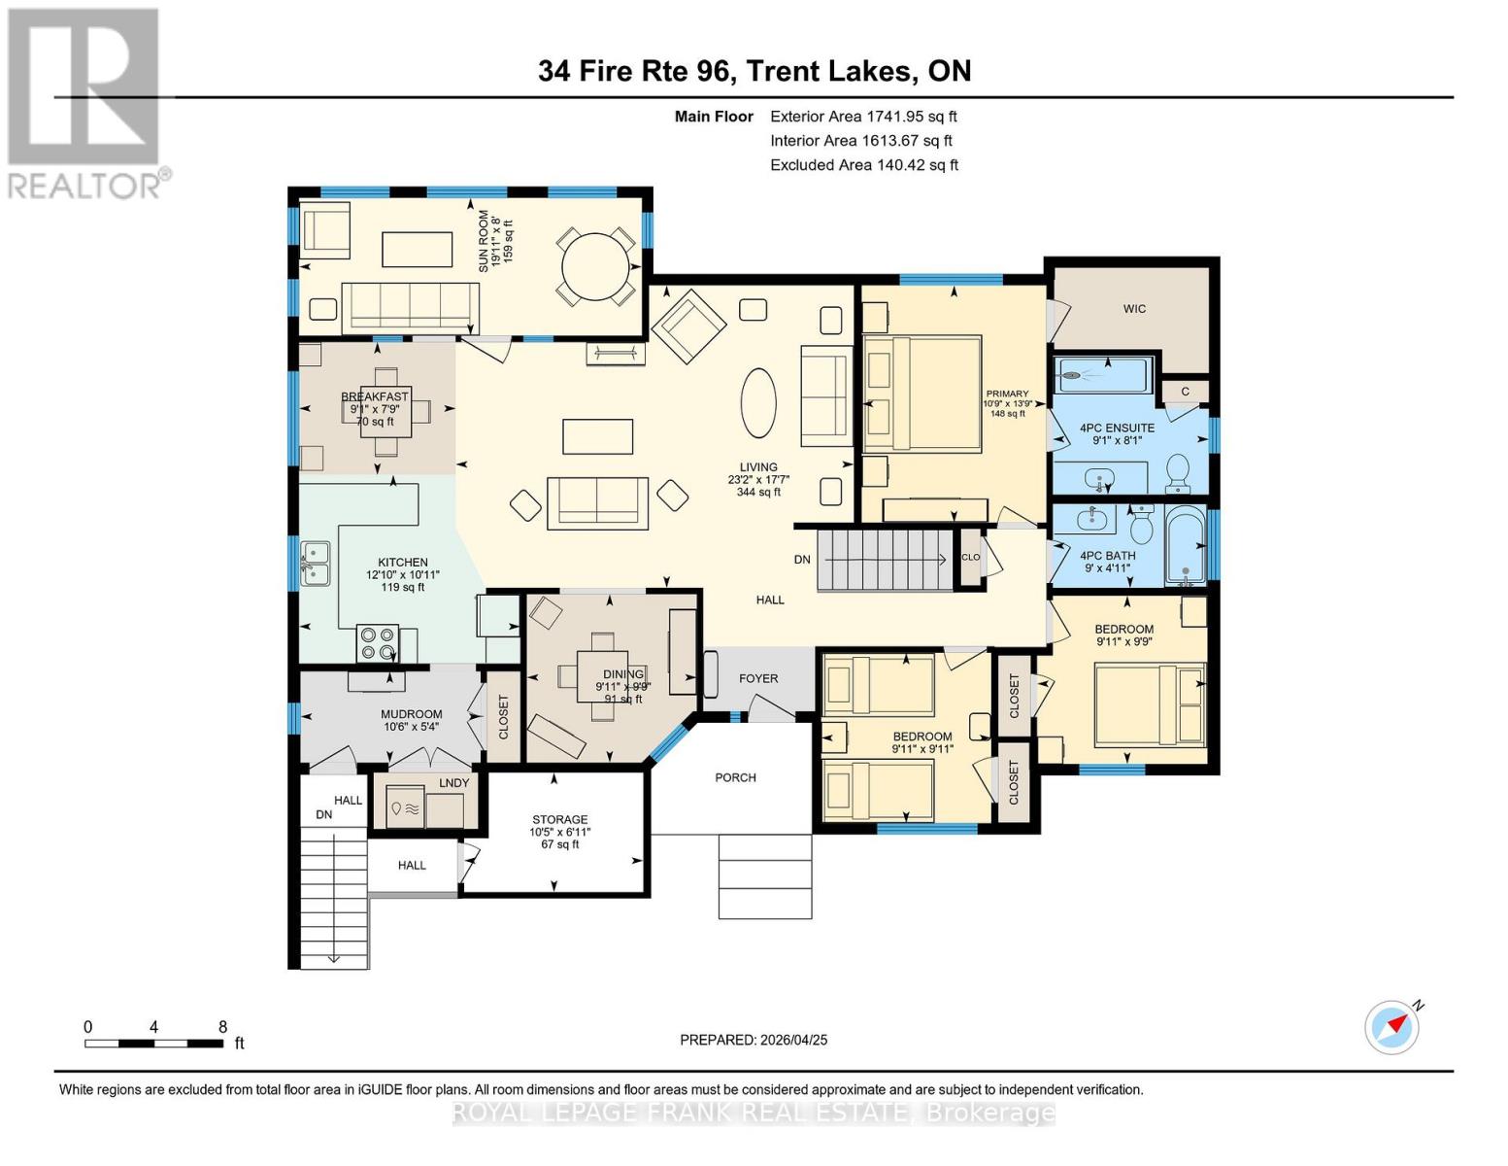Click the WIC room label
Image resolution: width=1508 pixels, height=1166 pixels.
pos(1134,309)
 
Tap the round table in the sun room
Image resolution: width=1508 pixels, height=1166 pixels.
pos(594,266)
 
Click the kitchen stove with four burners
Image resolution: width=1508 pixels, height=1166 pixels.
pos(378,643)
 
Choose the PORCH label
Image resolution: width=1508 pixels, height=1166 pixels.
pos(735,777)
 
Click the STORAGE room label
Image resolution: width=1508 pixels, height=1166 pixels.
pos(559,819)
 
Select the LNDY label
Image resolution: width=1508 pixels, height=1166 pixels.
pos(453,782)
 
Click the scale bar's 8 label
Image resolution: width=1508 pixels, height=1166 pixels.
pos(222,1027)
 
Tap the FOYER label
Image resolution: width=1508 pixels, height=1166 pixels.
pos(757,678)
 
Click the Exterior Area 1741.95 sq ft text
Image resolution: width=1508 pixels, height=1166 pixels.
pos(863,117)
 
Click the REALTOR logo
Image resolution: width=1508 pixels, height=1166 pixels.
pos(86,104)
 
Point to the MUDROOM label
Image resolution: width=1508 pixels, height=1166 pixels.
pos(411,714)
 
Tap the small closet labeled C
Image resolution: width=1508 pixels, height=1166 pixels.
pos(1186,392)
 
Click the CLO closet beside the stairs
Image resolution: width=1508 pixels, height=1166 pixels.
pos(971,558)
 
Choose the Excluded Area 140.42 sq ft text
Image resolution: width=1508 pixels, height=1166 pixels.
pos(864,165)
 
